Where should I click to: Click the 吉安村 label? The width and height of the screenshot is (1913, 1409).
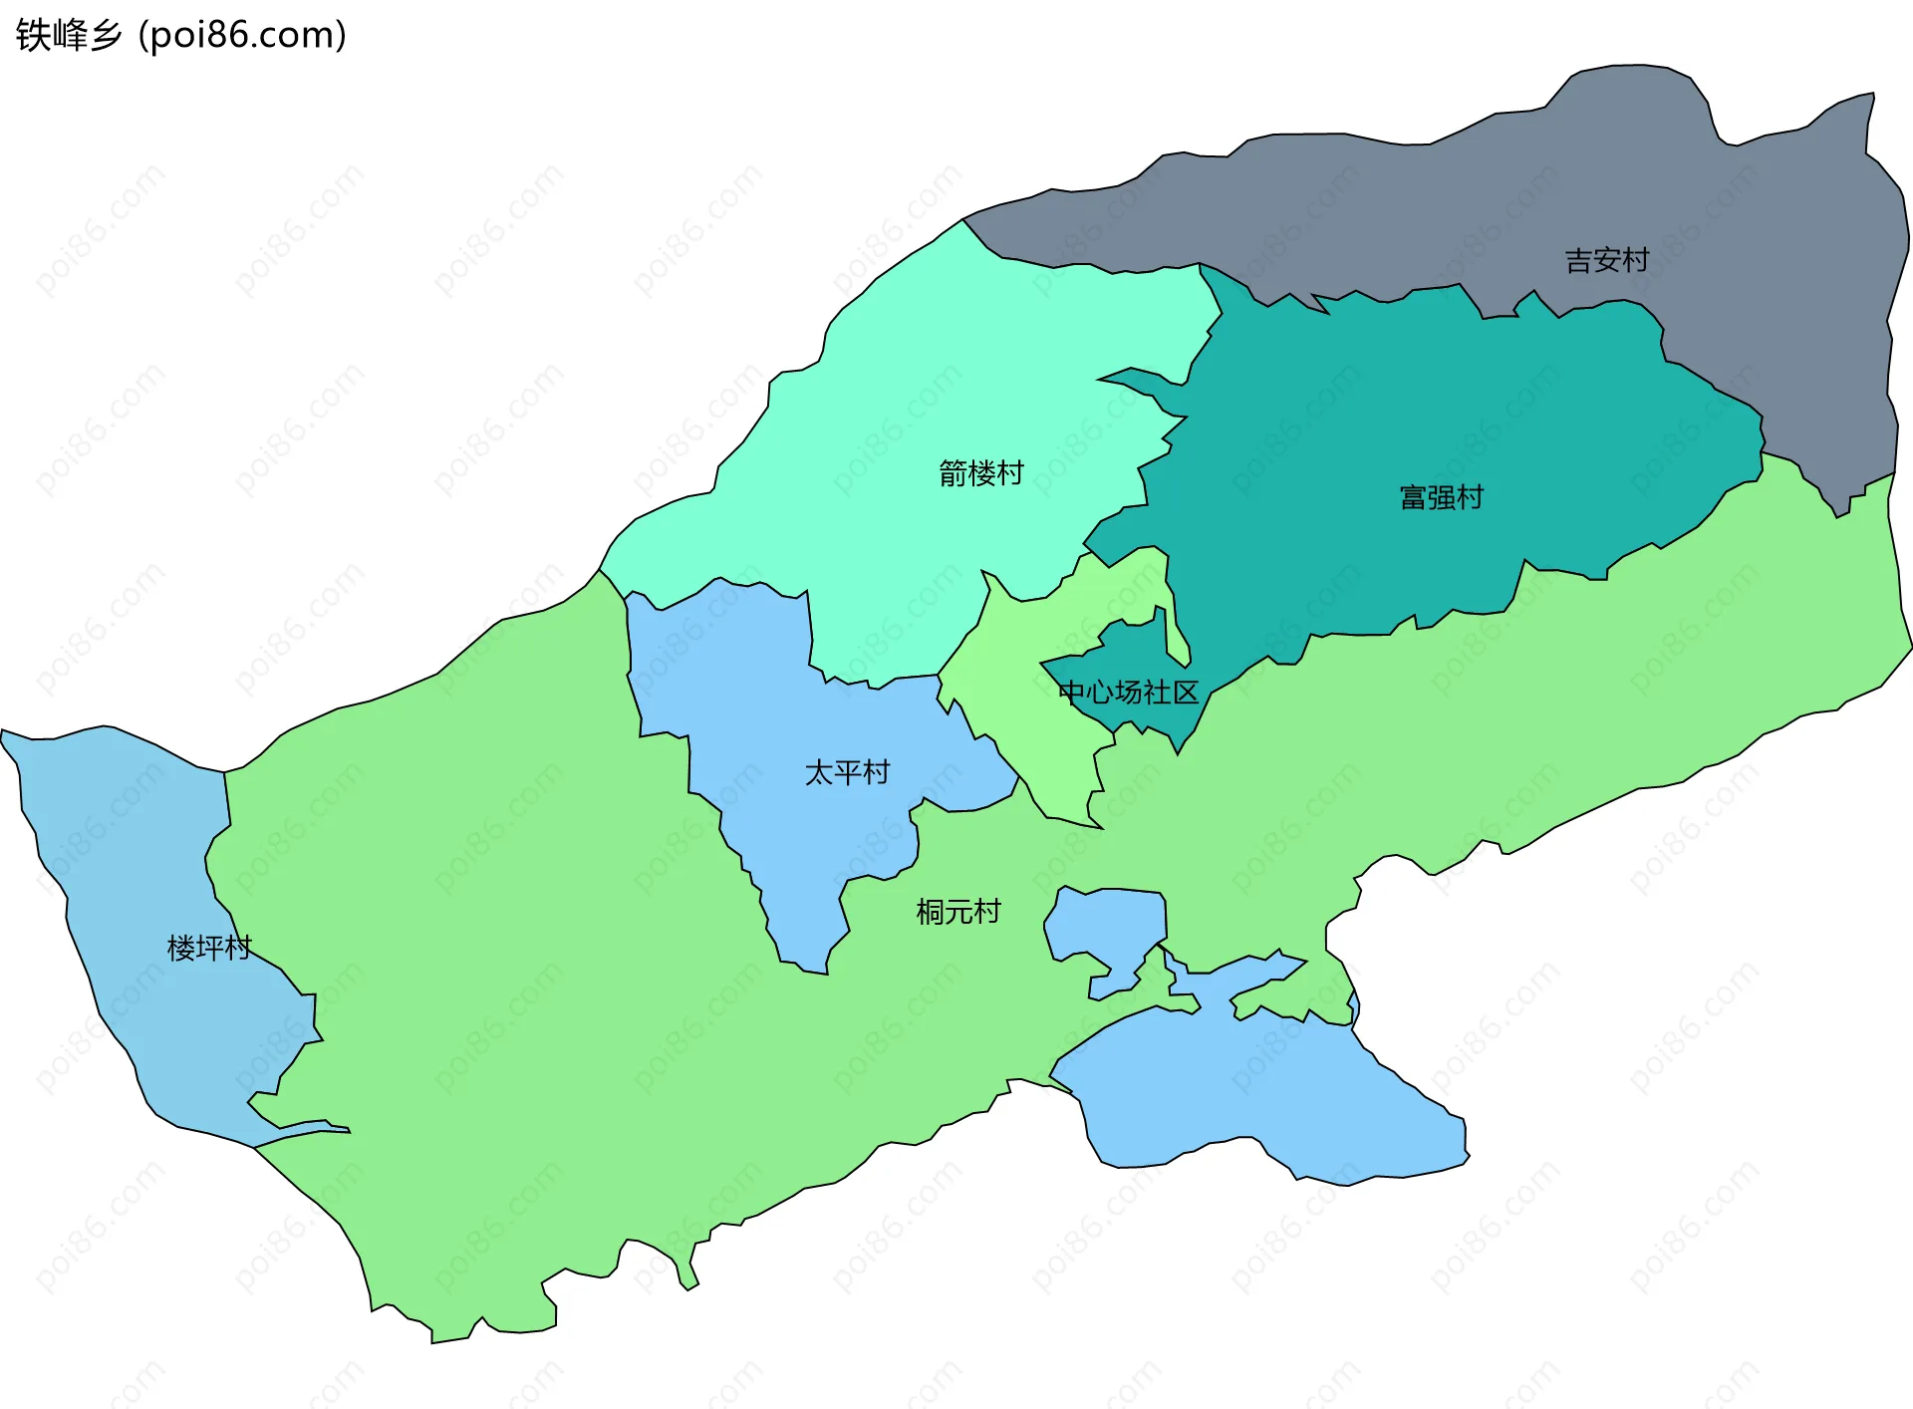1606,261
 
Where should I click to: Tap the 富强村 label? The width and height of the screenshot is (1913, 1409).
1441,497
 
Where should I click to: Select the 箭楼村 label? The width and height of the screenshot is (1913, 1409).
980,473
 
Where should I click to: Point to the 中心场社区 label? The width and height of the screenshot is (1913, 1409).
1128,692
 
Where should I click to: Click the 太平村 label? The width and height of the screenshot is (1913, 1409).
847,772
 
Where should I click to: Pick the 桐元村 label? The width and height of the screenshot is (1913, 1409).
957,912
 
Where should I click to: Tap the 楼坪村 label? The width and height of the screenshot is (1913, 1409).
209,948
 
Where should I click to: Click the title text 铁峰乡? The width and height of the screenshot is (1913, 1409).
69,35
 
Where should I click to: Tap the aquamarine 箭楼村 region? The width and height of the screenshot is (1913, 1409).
947,379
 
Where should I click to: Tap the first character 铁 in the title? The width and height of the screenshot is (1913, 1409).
33,35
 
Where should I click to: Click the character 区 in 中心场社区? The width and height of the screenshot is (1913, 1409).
1186,692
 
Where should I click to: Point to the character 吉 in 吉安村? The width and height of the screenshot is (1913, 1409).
1578,261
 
